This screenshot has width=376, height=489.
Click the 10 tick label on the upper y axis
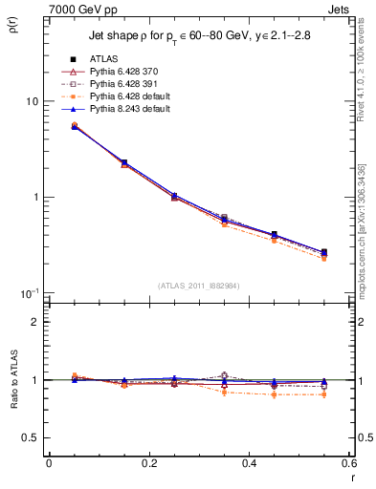click(32, 101)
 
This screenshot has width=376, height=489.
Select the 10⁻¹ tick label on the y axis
click(31, 291)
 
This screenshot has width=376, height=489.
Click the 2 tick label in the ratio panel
click(36, 322)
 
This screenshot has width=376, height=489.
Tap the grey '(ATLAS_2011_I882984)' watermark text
click(199, 286)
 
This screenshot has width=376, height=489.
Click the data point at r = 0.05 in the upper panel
click(75, 125)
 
